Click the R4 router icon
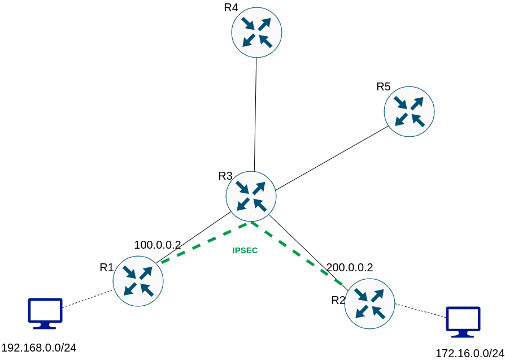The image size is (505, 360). tap(256, 32)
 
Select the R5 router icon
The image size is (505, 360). tap(409, 111)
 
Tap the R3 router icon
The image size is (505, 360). tap(251, 196)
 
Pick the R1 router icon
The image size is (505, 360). tap(138, 281)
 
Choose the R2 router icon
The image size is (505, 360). tap(369, 303)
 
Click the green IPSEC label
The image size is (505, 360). tap(245, 250)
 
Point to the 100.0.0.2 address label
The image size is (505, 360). tap(157, 245)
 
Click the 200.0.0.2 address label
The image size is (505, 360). tap(350, 268)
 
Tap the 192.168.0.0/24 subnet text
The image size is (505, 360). tap(39, 348)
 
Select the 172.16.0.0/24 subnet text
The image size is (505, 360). tap(469, 353)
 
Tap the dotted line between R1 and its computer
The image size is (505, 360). tap(88, 299)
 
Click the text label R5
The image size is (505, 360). tap(384, 86)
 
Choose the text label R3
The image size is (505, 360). tap(225, 176)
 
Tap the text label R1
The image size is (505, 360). tap(107, 267)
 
